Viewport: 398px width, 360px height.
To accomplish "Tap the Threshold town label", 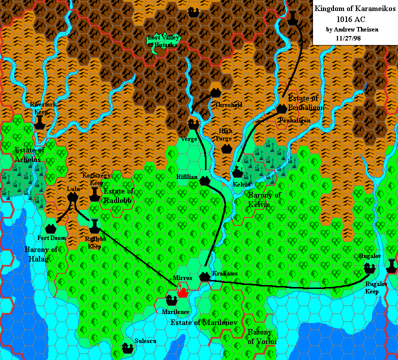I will click(228, 105).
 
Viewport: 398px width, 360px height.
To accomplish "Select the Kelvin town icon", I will click(238, 172).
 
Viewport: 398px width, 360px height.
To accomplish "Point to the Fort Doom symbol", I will click(50, 228).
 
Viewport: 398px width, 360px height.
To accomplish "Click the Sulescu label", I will click(146, 341).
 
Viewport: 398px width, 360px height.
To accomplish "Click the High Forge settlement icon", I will click(226, 148).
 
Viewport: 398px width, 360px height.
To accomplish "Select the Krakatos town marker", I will click(204, 276).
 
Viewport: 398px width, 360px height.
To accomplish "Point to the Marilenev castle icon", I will click(171, 300).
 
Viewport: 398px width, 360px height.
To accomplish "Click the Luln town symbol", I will click(73, 197).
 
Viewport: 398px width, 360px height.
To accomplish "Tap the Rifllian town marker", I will click(204, 181).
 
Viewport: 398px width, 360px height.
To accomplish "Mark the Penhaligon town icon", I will click(282, 107).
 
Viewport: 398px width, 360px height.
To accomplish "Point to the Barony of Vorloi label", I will click(259, 337).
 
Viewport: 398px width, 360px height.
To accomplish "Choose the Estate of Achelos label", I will click(30, 154).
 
